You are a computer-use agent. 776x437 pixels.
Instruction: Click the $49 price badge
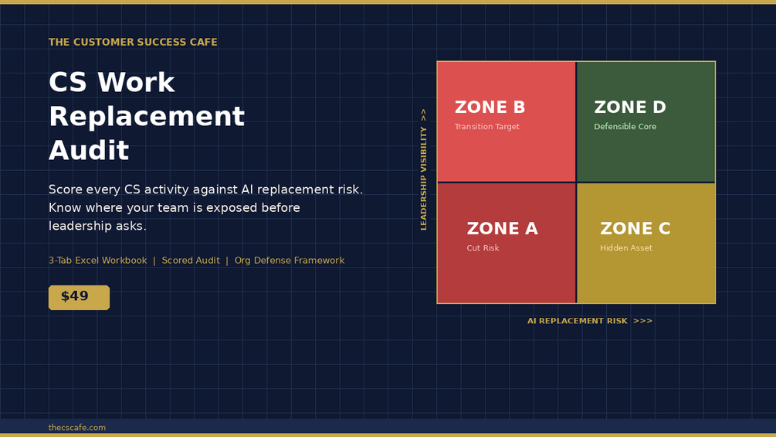(x=80, y=297)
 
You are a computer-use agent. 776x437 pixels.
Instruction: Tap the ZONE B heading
(x=490, y=107)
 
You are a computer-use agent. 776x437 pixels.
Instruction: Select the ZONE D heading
(x=630, y=107)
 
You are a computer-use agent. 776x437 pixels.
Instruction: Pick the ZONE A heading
(x=503, y=228)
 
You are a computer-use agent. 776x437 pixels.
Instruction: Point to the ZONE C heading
(x=635, y=228)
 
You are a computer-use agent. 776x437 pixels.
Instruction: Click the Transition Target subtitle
(x=487, y=127)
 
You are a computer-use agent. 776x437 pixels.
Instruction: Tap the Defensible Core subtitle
(x=625, y=127)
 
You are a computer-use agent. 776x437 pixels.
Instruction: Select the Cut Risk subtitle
(x=483, y=248)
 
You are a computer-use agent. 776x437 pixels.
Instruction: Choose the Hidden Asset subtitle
(x=626, y=248)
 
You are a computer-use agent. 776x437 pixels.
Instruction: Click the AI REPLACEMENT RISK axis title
(x=577, y=321)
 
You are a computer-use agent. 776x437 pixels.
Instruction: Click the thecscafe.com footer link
(x=76, y=428)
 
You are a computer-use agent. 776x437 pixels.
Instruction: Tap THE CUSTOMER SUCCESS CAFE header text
(x=133, y=42)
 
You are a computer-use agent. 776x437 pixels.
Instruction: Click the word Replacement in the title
(x=147, y=117)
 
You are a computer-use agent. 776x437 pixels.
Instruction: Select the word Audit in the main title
(x=89, y=150)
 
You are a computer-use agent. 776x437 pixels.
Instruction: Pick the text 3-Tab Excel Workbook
(x=97, y=261)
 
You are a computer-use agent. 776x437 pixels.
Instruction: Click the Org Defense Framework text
(x=290, y=261)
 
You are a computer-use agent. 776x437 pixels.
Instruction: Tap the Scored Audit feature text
(x=191, y=261)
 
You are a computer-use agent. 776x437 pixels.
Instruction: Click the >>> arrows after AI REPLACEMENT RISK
(x=643, y=321)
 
